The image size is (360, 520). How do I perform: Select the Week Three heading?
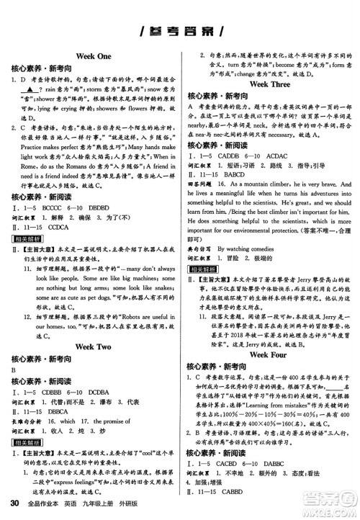pos(269,84)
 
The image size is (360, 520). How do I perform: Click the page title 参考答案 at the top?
pos(180,30)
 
